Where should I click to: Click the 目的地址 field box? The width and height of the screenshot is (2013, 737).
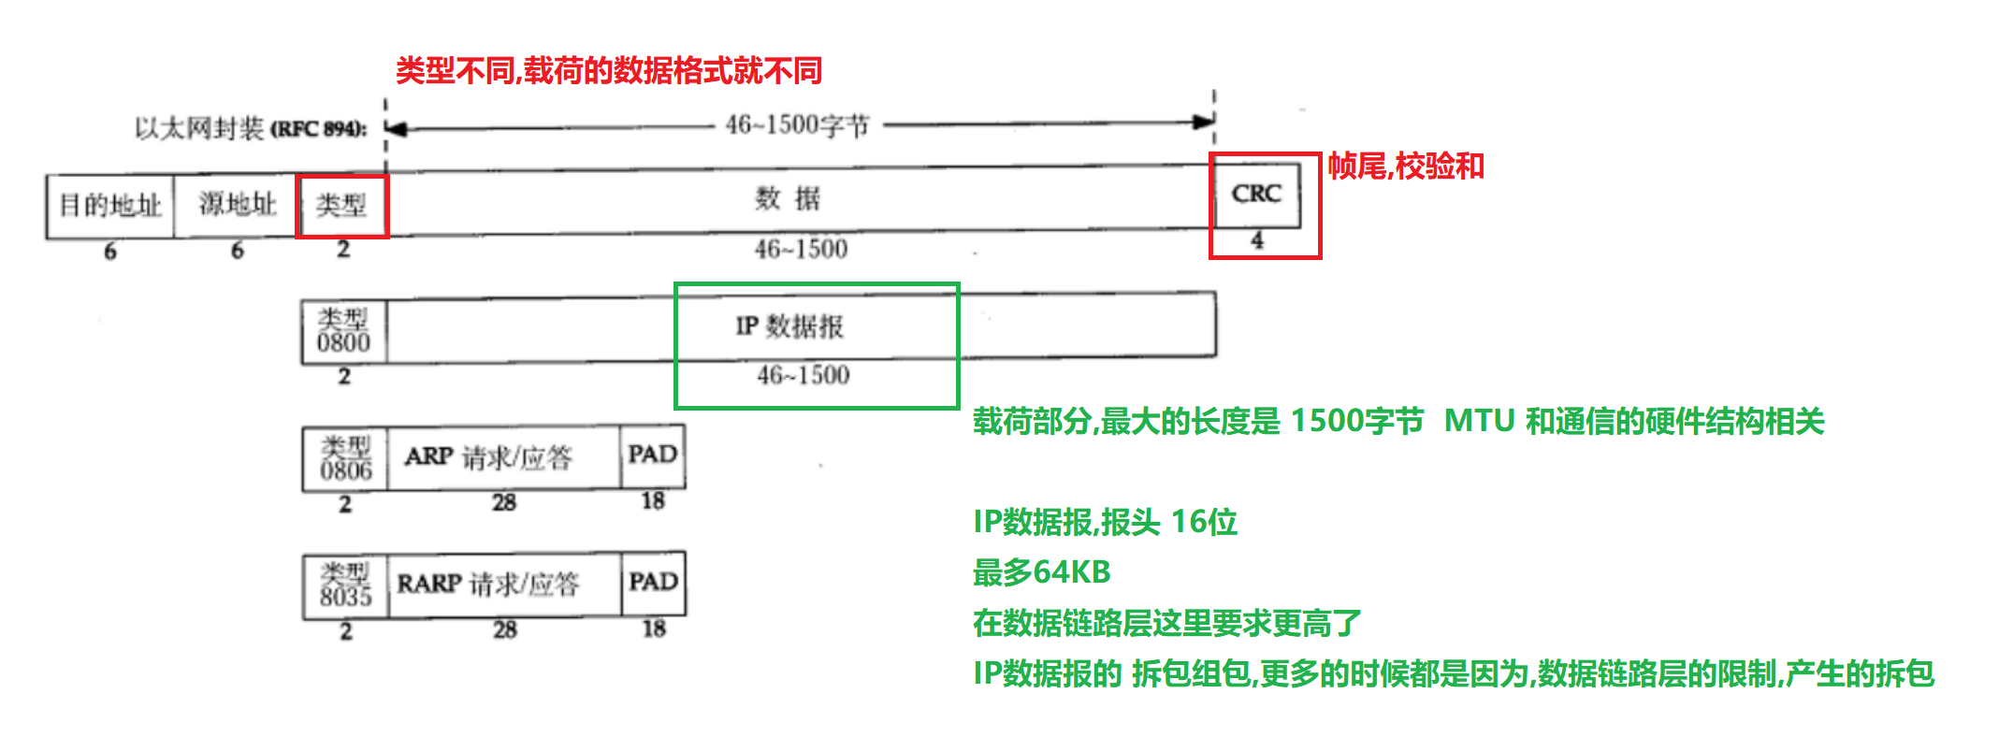pyautogui.click(x=110, y=205)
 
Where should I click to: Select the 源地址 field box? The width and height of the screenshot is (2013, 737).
pyautogui.click(x=236, y=205)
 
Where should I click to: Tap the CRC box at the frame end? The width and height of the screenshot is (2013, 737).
pyautogui.click(x=1256, y=195)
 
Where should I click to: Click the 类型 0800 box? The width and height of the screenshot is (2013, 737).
pyautogui.click(x=343, y=331)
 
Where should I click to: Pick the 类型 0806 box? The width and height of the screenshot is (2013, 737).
pyautogui.click(x=345, y=458)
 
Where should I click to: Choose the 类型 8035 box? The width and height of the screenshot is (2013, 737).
pyautogui.click(x=345, y=585)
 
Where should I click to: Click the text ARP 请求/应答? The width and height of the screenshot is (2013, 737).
pyautogui.click(x=488, y=457)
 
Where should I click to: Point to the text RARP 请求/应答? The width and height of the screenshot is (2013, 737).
pyautogui.click(x=488, y=585)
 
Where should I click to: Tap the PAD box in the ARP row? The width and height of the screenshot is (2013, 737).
pyautogui.click(x=653, y=455)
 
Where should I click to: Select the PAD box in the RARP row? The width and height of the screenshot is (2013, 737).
pyautogui.click(x=653, y=583)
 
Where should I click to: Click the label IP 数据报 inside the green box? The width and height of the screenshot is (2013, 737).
pyautogui.click(x=789, y=326)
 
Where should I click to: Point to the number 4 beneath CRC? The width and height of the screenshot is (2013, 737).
pyautogui.click(x=1257, y=240)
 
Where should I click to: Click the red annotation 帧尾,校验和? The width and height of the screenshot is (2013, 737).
pyautogui.click(x=1406, y=166)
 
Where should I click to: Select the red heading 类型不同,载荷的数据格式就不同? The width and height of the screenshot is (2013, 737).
pyautogui.click(x=608, y=71)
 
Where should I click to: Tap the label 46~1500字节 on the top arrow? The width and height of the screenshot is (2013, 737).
pyautogui.click(x=798, y=124)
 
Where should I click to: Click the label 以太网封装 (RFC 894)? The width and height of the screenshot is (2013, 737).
pyautogui.click(x=250, y=128)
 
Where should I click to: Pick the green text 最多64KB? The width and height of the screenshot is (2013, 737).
pyautogui.click(x=1041, y=571)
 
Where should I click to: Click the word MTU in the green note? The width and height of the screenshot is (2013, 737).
pyautogui.click(x=1479, y=422)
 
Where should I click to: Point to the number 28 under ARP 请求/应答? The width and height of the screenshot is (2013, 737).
pyautogui.click(x=504, y=503)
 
